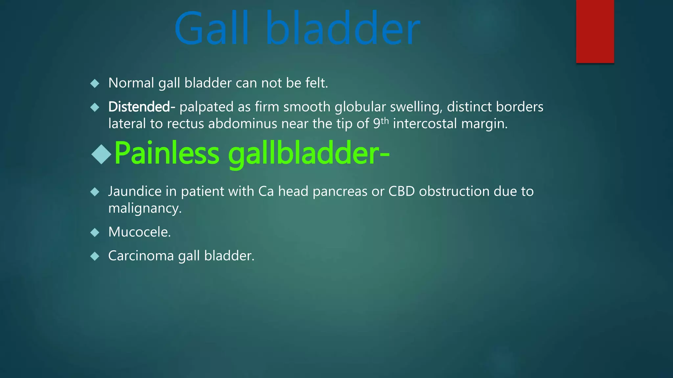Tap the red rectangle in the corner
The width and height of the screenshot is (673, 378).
[x=595, y=31]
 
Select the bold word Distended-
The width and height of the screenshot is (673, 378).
[x=142, y=107]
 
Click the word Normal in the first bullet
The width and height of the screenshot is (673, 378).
[x=131, y=83]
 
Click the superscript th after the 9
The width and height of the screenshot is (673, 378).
[x=385, y=121]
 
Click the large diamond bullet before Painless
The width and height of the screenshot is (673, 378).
[x=102, y=154]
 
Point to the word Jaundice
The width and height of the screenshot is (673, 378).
[x=135, y=192]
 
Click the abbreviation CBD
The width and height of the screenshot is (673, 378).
[x=402, y=192]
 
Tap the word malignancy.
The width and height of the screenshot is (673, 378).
[x=145, y=209]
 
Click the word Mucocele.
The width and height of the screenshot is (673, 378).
[x=139, y=232]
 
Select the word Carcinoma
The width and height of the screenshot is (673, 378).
[x=141, y=256]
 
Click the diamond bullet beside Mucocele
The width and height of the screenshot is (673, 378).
[x=95, y=233]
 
